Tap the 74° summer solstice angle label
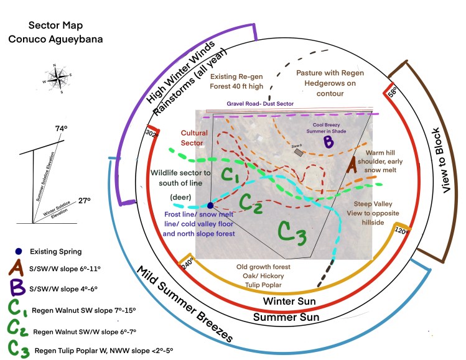(60, 129)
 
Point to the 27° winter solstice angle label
(84, 200)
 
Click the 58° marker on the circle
(393, 92)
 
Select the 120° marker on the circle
(401, 230)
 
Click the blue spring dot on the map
(210, 205)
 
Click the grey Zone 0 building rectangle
(299, 152)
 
